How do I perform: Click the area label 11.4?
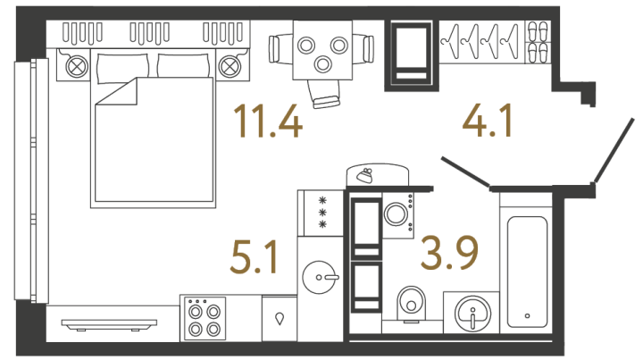(267, 121)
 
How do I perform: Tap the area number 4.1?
(488, 121)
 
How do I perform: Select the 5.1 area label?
(255, 256)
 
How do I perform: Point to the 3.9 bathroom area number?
(449, 254)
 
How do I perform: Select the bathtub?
(527, 272)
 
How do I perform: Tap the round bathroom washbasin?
(472, 314)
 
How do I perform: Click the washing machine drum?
(396, 214)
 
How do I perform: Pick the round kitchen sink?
(320, 278)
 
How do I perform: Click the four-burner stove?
(205, 318)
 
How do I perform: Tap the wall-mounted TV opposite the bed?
(109, 324)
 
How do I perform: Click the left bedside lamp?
(77, 66)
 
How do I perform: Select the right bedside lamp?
(230, 66)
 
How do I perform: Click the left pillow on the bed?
(121, 67)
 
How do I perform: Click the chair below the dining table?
(324, 94)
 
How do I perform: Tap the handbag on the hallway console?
(364, 175)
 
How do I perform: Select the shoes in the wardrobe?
(538, 42)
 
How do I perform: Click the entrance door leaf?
(614, 150)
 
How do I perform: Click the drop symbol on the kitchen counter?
(280, 319)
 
